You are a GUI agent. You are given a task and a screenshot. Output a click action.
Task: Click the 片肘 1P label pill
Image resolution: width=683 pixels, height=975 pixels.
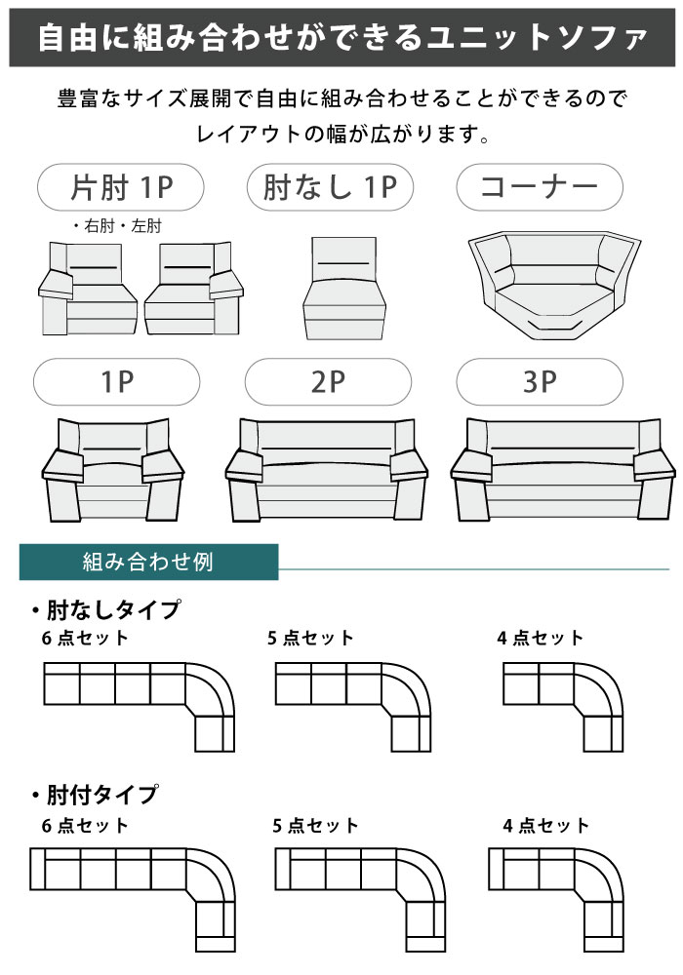[120, 186]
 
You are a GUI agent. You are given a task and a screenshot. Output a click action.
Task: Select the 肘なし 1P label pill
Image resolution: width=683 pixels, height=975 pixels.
[331, 186]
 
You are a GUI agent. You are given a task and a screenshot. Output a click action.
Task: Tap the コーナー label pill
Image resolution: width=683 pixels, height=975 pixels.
[540, 186]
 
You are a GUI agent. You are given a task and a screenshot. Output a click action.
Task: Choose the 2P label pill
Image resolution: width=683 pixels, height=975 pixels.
[328, 382]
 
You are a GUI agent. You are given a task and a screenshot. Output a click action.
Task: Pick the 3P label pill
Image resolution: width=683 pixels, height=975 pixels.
[540, 382]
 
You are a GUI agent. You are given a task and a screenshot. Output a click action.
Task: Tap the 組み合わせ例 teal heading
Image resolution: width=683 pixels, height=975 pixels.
[148, 563]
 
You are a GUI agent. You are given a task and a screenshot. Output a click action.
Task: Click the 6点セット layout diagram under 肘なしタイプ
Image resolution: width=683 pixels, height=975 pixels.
[139, 705]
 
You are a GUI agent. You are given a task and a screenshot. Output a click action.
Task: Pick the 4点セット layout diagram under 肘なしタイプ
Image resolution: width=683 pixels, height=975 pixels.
[561, 705]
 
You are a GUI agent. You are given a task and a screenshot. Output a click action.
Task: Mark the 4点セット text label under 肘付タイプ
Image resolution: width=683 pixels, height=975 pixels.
[546, 826]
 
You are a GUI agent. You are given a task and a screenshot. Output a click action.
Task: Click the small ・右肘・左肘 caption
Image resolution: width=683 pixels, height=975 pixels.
[116, 226]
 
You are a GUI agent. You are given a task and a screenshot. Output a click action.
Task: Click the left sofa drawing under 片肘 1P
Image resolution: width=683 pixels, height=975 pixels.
[88, 289]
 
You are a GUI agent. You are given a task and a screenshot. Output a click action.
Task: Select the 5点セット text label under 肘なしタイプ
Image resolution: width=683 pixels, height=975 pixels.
[310, 639]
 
